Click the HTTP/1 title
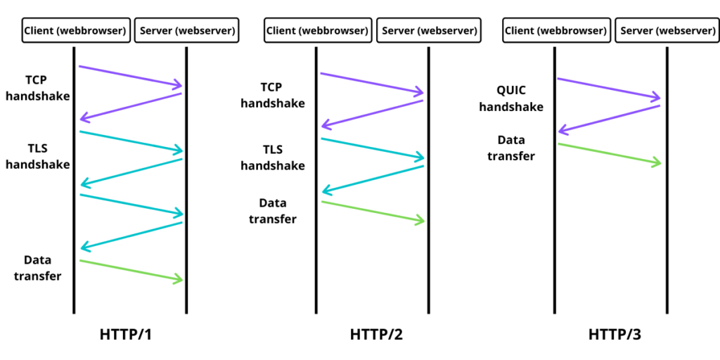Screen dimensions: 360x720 (126, 335)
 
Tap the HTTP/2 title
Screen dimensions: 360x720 (376, 335)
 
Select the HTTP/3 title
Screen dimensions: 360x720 (615, 335)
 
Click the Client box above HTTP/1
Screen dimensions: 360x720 (75, 31)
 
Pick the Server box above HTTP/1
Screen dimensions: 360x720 (187, 31)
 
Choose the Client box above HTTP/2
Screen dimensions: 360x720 (317, 31)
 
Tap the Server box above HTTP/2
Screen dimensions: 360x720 (429, 31)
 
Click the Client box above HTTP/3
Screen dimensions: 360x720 (555, 31)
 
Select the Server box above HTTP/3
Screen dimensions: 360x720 (667, 31)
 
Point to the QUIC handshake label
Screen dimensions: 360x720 (510, 99)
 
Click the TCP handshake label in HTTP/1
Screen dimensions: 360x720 (38, 88)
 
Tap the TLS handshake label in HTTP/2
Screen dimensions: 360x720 (273, 157)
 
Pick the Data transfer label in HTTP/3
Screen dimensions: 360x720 (511, 148)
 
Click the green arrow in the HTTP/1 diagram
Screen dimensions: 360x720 (131, 270)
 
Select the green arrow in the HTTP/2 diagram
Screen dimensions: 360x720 (373, 212)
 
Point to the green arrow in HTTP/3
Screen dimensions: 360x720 (610, 154)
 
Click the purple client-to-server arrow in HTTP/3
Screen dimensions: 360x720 (609, 88)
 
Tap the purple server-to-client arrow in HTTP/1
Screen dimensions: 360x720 (131, 106)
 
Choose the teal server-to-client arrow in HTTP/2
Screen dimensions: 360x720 (373, 179)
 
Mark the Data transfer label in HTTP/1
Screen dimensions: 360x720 (38, 268)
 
